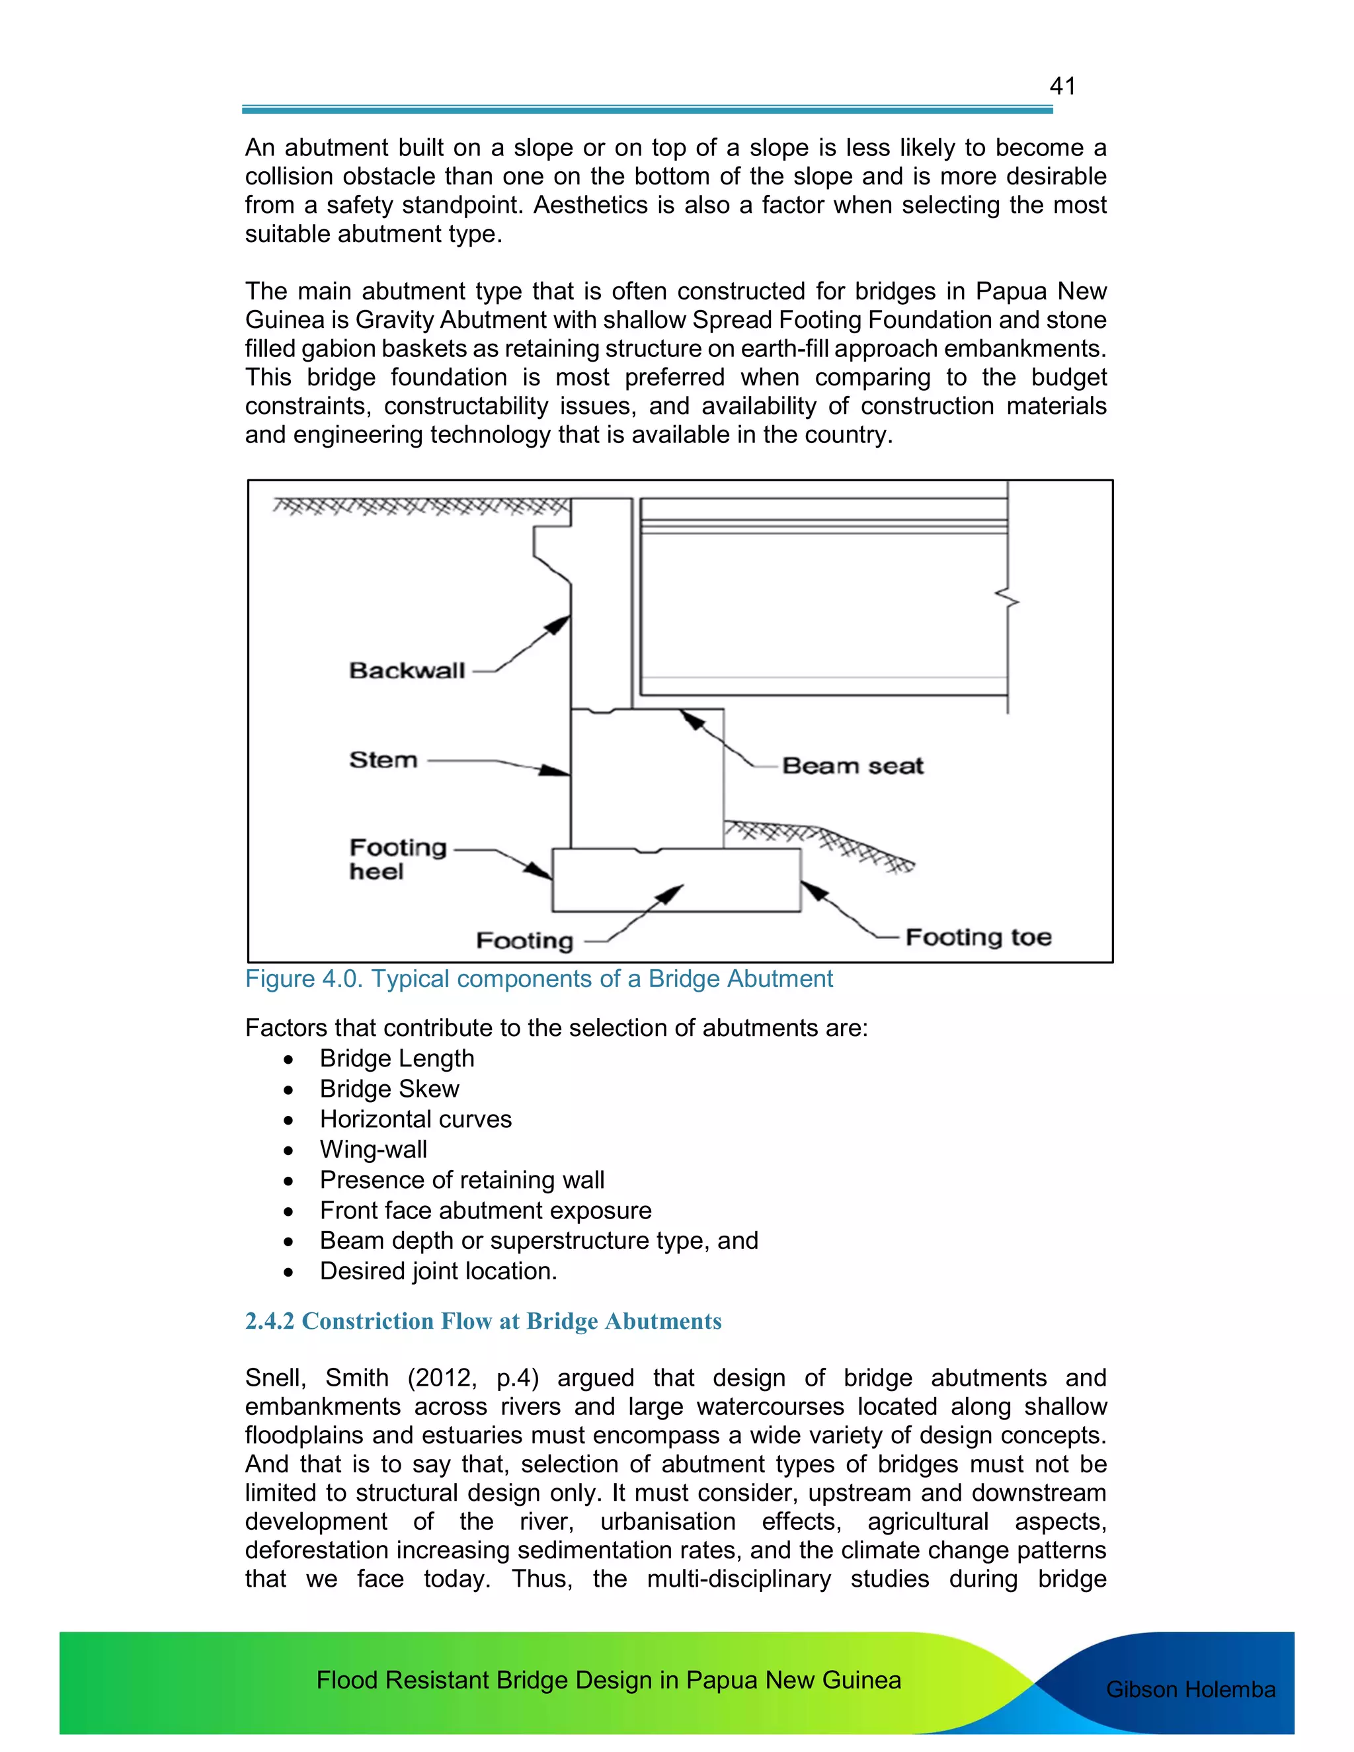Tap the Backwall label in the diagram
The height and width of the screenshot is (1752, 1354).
(x=407, y=670)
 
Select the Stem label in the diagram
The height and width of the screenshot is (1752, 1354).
(x=383, y=760)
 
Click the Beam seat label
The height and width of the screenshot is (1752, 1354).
(x=853, y=766)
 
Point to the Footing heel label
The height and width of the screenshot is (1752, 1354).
(x=397, y=859)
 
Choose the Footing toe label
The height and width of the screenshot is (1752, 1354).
(x=978, y=937)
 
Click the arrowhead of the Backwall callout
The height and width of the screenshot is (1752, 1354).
(x=561, y=624)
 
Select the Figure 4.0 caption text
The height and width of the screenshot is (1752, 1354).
(x=538, y=978)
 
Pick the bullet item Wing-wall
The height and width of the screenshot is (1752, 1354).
(x=373, y=1150)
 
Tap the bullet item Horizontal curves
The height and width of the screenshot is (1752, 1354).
(x=415, y=1119)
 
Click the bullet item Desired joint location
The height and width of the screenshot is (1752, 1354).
(x=438, y=1271)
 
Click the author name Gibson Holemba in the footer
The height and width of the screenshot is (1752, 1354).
(x=1189, y=1689)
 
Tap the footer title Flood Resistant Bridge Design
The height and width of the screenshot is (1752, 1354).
(x=608, y=1680)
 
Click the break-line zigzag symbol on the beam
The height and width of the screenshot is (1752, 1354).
(x=1008, y=598)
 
